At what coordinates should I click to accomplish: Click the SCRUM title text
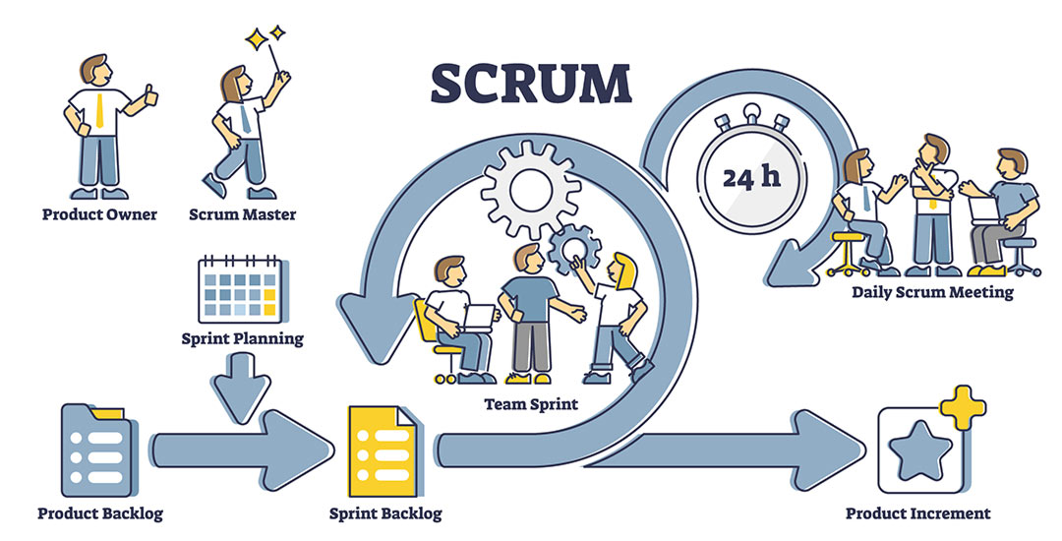532,84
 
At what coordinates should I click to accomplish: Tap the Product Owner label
99,214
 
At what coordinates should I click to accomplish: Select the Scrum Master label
243,214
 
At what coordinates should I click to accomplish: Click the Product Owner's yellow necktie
99,111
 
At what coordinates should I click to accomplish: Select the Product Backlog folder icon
98,450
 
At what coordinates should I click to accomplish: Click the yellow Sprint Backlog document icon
382,451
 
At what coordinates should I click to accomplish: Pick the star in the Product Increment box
920,451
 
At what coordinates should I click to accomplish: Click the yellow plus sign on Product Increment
963,407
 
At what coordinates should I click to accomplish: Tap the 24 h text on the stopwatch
751,177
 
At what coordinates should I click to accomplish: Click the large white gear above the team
530,190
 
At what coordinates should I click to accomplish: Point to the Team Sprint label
531,405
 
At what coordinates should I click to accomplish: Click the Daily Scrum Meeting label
932,292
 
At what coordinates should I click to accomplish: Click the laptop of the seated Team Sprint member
479,318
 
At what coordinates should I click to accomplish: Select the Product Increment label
917,513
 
